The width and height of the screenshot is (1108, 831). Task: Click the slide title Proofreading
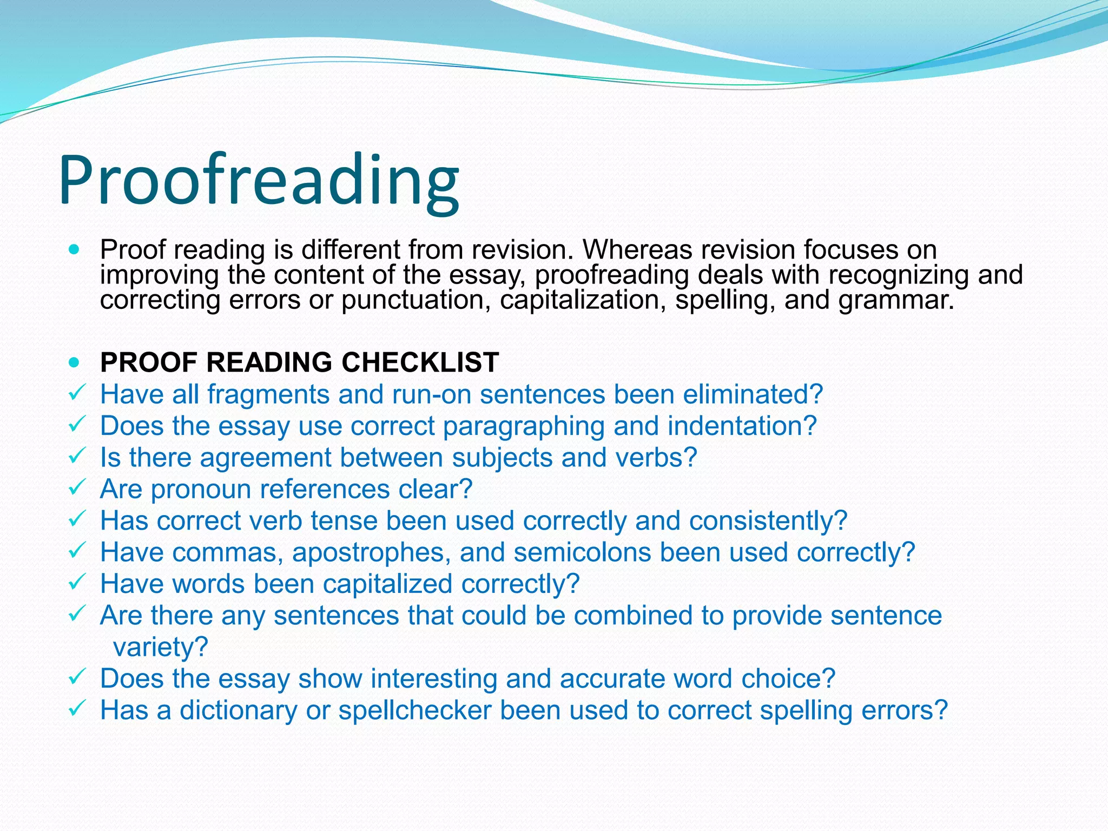pos(259,181)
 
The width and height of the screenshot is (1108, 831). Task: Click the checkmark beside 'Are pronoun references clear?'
pos(76,487)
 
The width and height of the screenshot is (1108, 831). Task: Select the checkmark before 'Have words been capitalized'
pos(76,582)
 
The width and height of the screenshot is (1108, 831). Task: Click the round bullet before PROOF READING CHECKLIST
pos(75,362)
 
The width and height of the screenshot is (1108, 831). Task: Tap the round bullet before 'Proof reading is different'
pos(75,250)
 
